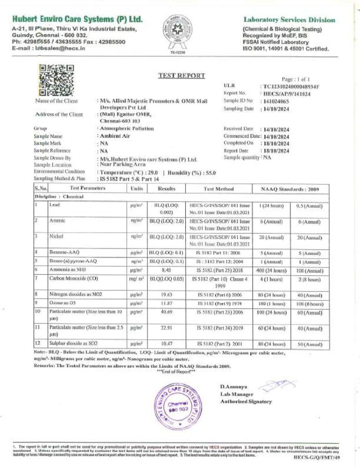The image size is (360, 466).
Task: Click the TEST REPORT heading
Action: (181, 76)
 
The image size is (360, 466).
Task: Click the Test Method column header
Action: (218, 188)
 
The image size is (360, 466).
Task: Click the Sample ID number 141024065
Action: (276, 101)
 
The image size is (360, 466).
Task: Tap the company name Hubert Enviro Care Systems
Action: (77, 20)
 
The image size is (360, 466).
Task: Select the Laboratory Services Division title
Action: (289, 20)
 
